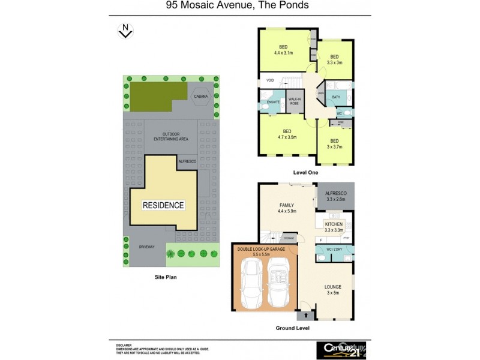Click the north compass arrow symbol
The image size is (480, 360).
coord(125,31)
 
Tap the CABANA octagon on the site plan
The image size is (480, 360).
coord(199,97)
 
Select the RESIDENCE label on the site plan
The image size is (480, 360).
coord(163,205)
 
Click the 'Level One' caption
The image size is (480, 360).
coord(305,172)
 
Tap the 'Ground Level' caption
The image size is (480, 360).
coord(292,328)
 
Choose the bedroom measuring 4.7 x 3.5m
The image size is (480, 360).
coord(287,134)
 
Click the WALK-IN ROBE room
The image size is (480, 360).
coord(294,101)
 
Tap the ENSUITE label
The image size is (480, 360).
coord(273,103)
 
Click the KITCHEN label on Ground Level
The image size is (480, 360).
coord(334,225)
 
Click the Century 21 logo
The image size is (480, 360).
coord(340,349)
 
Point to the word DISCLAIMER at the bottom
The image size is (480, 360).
coord(124,345)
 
